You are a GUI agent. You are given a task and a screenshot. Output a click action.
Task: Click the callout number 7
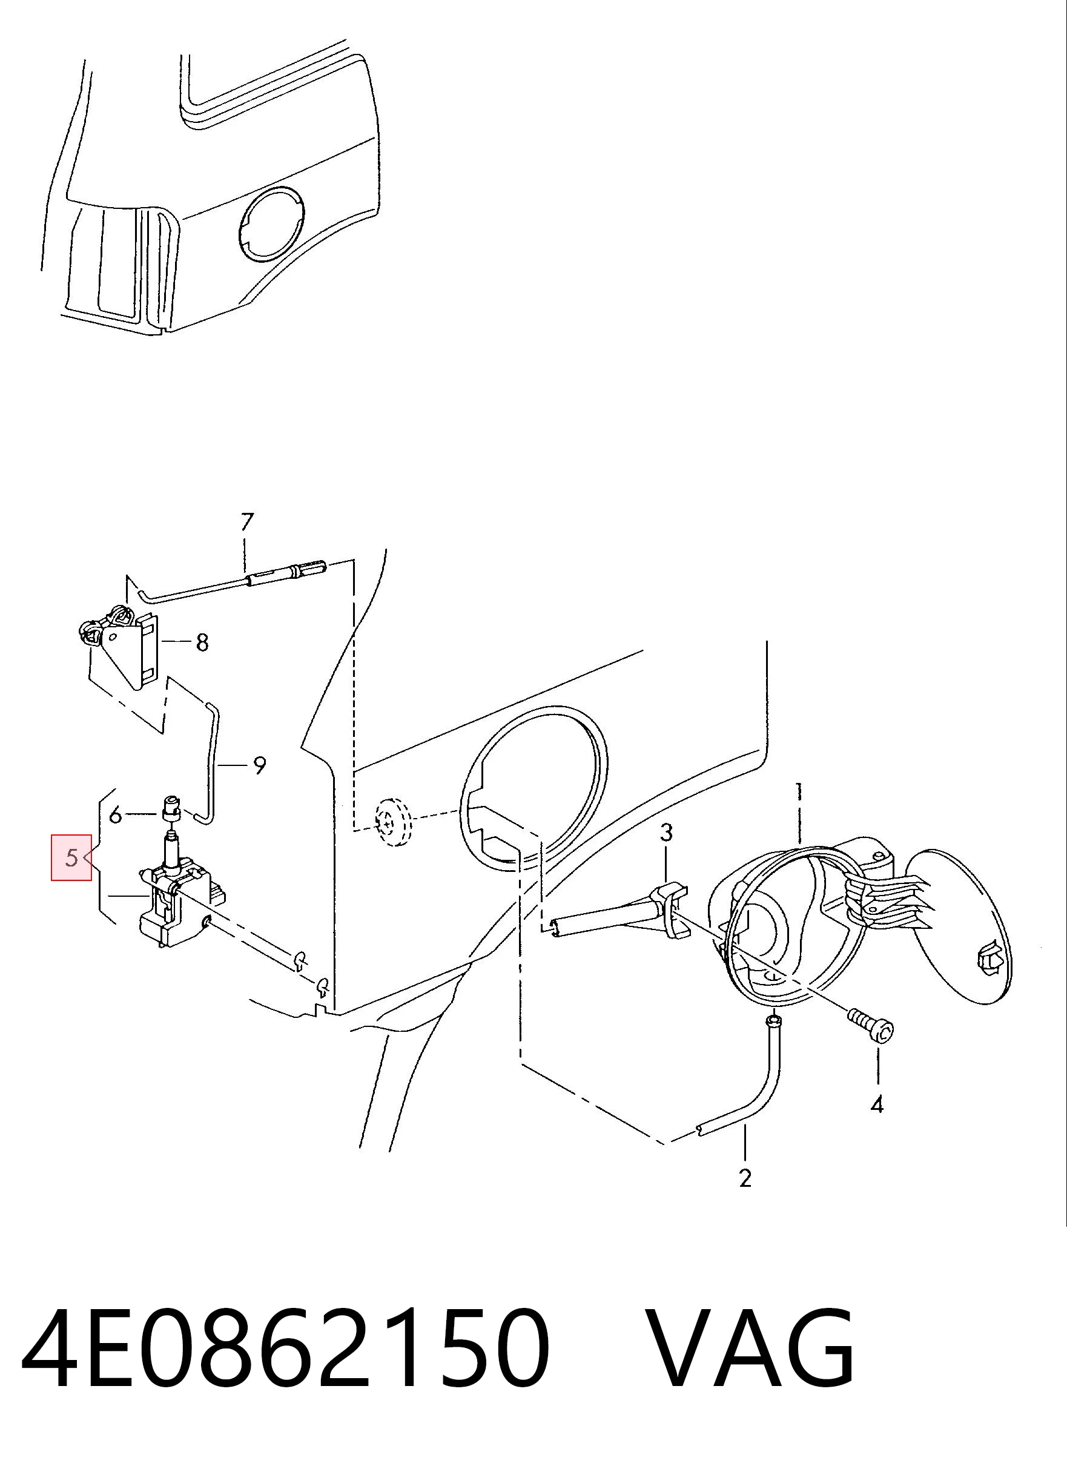coord(246,523)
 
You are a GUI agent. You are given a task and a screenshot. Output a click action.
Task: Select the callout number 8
coord(202,642)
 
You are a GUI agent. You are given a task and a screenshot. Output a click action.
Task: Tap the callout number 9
coord(260,766)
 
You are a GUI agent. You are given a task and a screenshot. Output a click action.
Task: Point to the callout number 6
coord(116,814)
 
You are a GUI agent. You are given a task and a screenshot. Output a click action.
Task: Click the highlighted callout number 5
coord(71,858)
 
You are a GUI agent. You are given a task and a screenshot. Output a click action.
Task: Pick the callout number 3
coord(667,833)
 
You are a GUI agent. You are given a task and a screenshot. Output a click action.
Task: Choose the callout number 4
coord(877,1104)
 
